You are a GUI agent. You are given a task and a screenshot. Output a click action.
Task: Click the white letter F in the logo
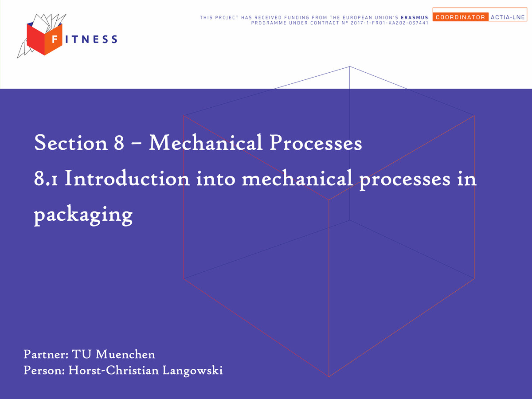(55, 39)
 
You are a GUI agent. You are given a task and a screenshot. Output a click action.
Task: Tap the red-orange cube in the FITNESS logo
(45, 39)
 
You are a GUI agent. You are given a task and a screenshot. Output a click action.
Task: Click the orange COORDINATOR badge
(461, 17)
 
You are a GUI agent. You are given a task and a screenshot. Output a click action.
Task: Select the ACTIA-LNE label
(508, 17)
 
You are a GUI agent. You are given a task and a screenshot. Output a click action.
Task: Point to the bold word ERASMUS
(415, 17)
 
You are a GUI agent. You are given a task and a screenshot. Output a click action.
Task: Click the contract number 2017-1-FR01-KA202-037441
(390, 23)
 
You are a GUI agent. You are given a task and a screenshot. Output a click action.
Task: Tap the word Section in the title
(71, 143)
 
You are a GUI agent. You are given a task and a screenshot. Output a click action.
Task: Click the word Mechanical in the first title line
(206, 142)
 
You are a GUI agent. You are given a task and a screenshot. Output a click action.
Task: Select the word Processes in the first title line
(316, 143)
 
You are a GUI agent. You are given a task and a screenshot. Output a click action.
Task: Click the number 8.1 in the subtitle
(46, 179)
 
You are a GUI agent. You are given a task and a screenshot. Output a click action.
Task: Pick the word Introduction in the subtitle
(127, 178)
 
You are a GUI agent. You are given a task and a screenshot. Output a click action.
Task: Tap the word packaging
(83, 215)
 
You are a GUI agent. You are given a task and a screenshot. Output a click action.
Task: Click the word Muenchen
(125, 354)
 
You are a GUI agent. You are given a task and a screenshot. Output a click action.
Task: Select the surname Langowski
(192, 371)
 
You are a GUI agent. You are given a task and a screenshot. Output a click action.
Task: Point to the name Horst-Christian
(113, 370)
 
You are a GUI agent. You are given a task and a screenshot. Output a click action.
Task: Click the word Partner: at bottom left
(46, 354)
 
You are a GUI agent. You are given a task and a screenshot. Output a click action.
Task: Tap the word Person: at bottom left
(44, 370)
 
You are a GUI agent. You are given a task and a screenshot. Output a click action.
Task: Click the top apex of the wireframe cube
(349, 66)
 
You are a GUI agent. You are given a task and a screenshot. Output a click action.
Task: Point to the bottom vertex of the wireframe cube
(329, 376)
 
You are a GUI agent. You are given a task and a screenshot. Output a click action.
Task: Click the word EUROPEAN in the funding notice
(356, 17)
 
